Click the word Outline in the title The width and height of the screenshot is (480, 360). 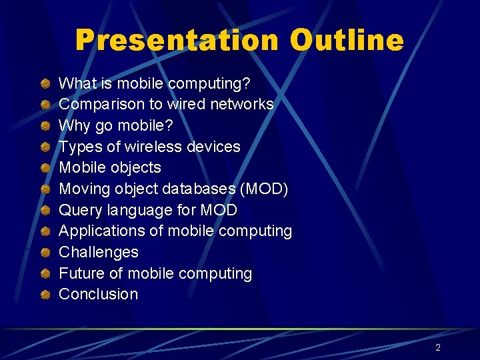pyautogui.click(x=346, y=40)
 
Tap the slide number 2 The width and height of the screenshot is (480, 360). pyautogui.click(x=438, y=347)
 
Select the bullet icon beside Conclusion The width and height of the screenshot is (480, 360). pyautogui.click(x=44, y=294)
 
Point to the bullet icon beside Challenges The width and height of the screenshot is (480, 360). pyautogui.click(x=44, y=252)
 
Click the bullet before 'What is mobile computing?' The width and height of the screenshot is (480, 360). pyautogui.click(x=44, y=83)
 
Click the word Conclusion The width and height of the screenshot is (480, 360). pyautogui.click(x=99, y=294)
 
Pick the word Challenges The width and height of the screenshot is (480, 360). pyautogui.click(x=99, y=252)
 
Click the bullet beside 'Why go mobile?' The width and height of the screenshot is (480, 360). pyautogui.click(x=44, y=125)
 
